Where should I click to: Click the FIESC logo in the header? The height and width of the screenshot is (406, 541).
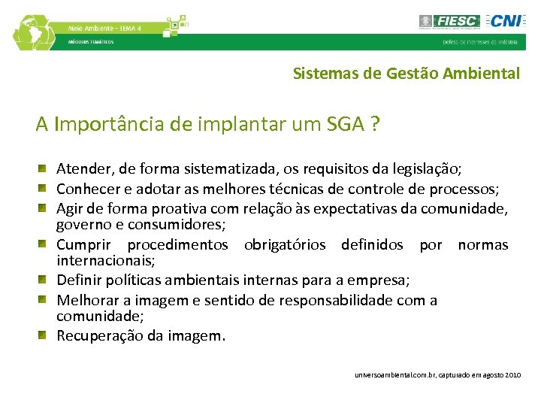[449, 21]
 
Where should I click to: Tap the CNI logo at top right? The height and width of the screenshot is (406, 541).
[505, 20]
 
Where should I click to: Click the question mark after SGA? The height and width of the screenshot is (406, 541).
[373, 123]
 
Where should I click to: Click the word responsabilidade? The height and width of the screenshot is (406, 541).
[343, 300]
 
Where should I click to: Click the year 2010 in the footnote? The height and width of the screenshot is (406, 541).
[512, 374]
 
